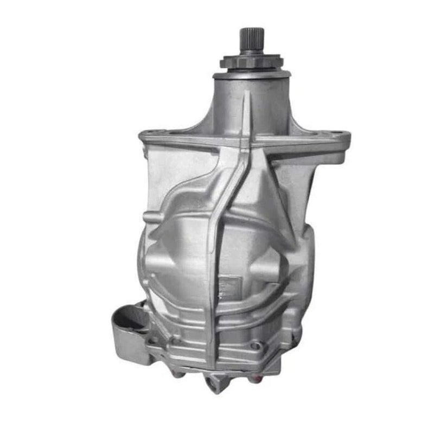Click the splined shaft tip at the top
pyautogui.click(x=251, y=39)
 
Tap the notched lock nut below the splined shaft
pyautogui.click(x=251, y=61)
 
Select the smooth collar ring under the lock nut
pyautogui.click(x=251, y=73)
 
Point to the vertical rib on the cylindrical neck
pyautogui.click(x=247, y=108)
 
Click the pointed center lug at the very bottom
pyautogui.click(x=215, y=386)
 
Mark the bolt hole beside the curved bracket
pyautogui.click(x=154, y=340)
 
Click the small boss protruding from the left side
pyautogui.click(x=148, y=217)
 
